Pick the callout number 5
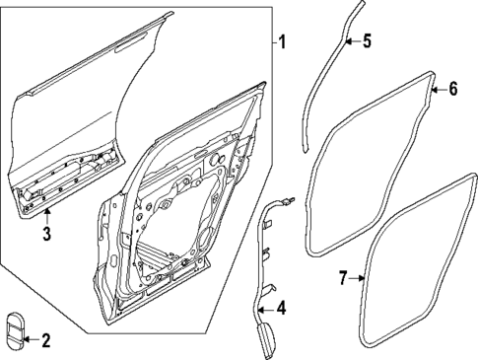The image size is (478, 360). click(x=368, y=42)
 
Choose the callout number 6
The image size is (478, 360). click(x=452, y=89)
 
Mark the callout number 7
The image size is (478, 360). click(x=342, y=279)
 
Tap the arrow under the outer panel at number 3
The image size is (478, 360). click(x=45, y=215)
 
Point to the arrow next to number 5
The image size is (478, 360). click(x=354, y=41)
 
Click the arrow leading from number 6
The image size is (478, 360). click(x=440, y=89)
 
